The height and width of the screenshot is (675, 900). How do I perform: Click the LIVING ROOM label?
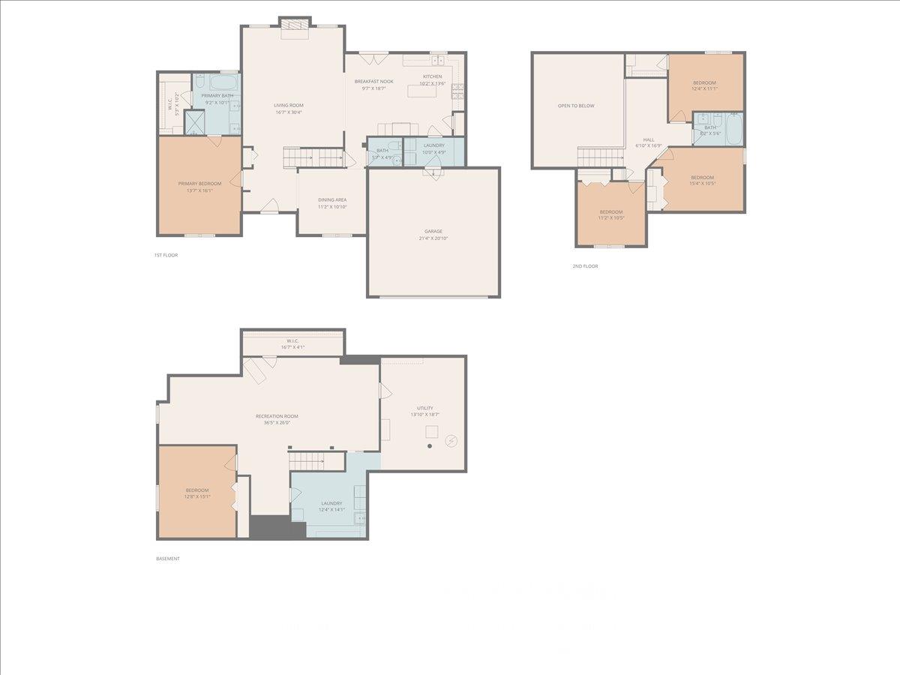[289, 106]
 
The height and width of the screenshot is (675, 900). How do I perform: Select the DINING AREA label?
[331, 199]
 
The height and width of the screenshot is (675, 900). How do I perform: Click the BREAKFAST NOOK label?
[373, 81]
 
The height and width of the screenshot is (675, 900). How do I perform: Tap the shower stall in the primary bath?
[195, 121]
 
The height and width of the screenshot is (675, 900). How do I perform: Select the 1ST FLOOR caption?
[166, 255]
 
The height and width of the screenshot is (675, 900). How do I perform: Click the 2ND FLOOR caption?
[585, 266]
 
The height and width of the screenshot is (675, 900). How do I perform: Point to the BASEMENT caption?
[168, 559]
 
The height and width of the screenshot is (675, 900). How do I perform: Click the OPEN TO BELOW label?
[576, 106]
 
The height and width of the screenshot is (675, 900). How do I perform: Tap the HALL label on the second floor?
[649, 139]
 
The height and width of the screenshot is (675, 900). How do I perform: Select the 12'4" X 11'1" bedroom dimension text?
[704, 88]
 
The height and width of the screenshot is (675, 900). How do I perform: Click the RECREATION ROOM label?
[277, 416]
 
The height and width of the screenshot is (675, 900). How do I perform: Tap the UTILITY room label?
[425, 408]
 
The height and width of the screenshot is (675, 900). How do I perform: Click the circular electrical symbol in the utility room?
[451, 440]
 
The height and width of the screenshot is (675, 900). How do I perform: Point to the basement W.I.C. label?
[292, 341]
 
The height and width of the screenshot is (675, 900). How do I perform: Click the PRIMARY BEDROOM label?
[199, 184]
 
